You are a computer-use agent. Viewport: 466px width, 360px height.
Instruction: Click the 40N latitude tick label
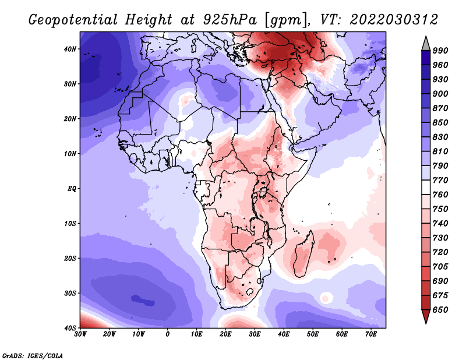[70, 49]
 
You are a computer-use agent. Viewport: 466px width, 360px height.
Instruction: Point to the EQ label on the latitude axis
[72, 189]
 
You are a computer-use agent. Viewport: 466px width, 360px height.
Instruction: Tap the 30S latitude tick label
[70, 293]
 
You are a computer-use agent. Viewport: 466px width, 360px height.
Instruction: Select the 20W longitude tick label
[110, 334]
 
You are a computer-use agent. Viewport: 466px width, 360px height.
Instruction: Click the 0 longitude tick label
[168, 334]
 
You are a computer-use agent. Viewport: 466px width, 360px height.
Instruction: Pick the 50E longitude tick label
[313, 334]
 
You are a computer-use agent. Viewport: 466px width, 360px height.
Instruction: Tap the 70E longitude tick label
[371, 334]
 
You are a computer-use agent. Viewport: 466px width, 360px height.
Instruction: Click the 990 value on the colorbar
[440, 51]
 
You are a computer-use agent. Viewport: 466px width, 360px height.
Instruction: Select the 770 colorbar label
[440, 180]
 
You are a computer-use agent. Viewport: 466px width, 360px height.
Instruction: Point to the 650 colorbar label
[440, 310]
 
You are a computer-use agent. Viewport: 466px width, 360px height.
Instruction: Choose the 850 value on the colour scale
[440, 122]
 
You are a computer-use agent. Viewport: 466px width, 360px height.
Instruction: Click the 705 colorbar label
[440, 267]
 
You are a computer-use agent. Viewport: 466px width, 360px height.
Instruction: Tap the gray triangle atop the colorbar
[426, 44]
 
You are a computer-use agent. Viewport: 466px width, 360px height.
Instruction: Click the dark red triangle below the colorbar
[426, 316]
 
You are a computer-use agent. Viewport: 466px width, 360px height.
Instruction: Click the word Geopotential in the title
[73, 20]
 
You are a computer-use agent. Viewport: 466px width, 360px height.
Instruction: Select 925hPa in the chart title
[230, 20]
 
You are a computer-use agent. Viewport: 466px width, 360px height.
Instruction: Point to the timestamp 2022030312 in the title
[394, 20]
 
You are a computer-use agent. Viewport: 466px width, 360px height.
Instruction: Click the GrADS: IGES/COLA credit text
[33, 355]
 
